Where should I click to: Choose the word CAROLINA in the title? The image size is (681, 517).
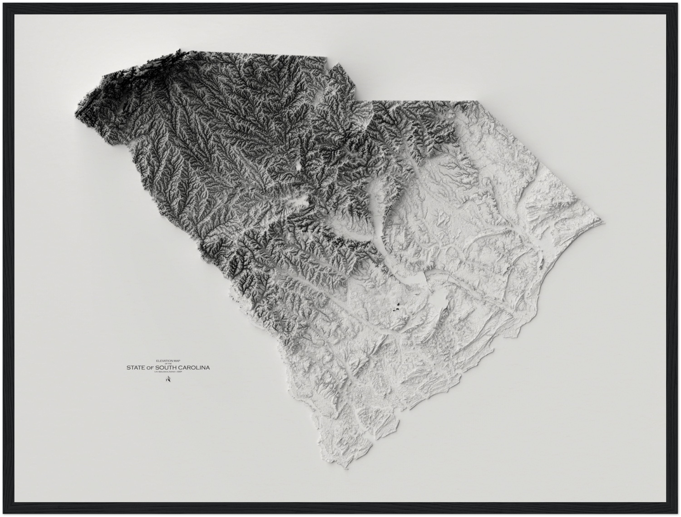click(x=194, y=368)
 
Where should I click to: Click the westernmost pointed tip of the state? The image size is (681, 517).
click(x=76, y=115)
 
